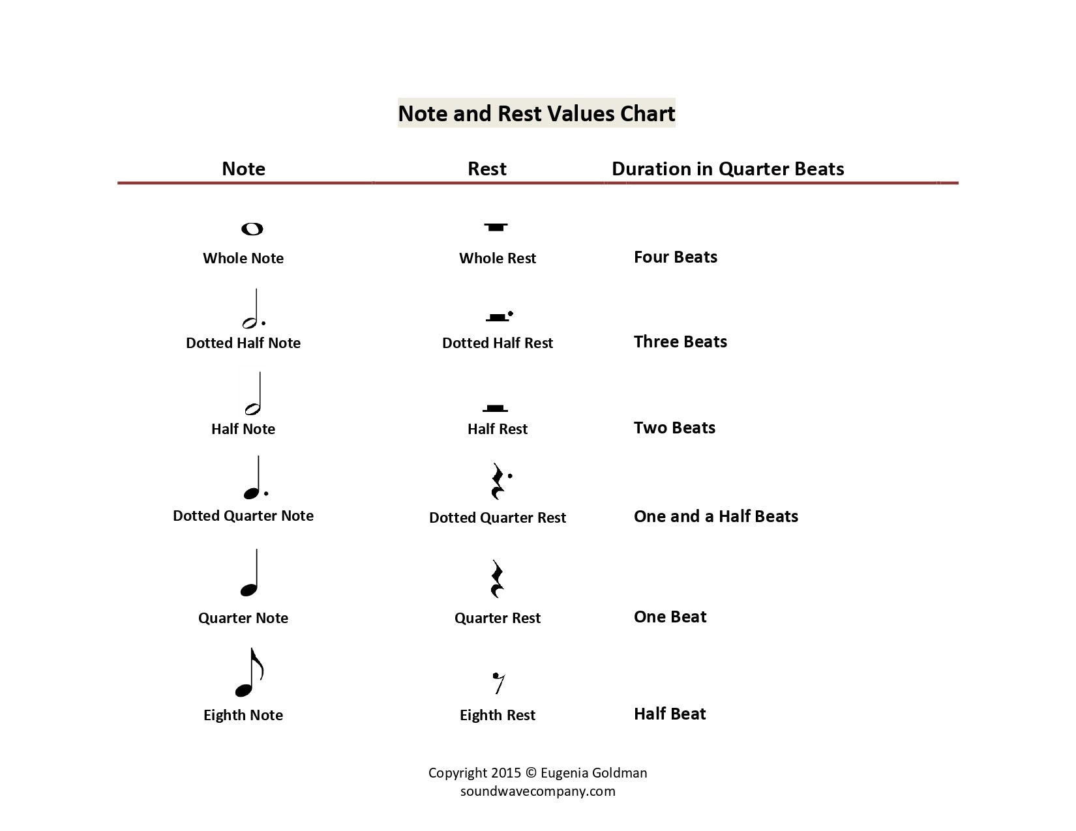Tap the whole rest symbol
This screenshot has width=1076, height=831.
(496, 227)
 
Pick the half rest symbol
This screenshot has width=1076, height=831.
(495, 408)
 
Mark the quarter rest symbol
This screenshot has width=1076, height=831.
(497, 579)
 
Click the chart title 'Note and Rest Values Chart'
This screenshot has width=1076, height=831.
(536, 113)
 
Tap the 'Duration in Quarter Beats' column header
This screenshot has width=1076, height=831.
(728, 169)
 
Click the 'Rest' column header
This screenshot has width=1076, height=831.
(487, 169)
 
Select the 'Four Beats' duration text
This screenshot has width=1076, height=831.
(676, 257)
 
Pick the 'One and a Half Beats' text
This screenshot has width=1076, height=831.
(716, 516)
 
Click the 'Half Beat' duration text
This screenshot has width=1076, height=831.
(670, 714)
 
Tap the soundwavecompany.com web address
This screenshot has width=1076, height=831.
(538, 791)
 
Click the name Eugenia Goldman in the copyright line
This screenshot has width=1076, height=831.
(593, 773)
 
